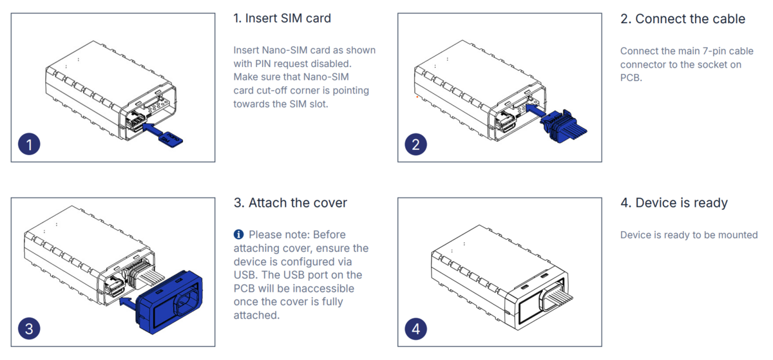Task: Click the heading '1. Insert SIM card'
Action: pos(282,18)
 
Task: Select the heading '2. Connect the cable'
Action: pos(683,19)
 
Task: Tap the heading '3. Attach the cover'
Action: pos(290,203)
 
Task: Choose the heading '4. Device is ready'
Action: pos(674,203)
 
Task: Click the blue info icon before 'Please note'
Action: pos(239,234)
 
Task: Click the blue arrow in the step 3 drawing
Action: pos(131,300)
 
